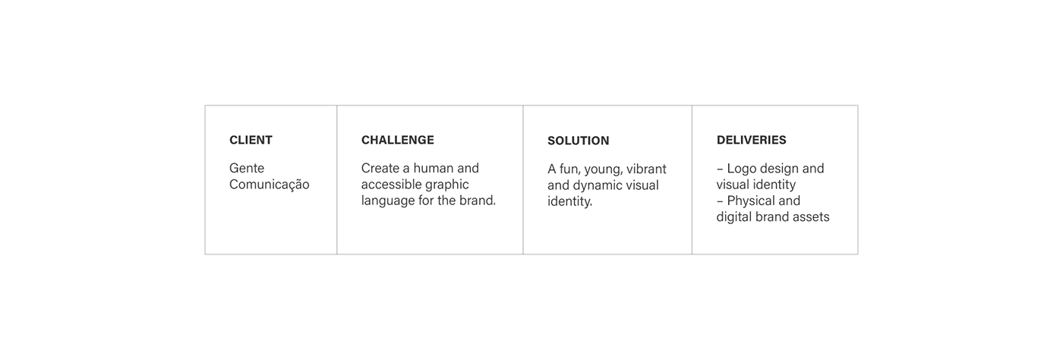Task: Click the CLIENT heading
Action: pyautogui.click(x=251, y=140)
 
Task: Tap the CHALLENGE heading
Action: pyautogui.click(x=398, y=140)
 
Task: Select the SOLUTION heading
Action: pyautogui.click(x=578, y=141)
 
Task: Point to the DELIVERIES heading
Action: pyautogui.click(x=751, y=140)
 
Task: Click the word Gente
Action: pyautogui.click(x=247, y=168)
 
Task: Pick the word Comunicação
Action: pyautogui.click(x=269, y=185)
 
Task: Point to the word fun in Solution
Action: pyautogui.click(x=569, y=169)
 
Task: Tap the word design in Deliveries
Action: pyautogui.click(x=780, y=169)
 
